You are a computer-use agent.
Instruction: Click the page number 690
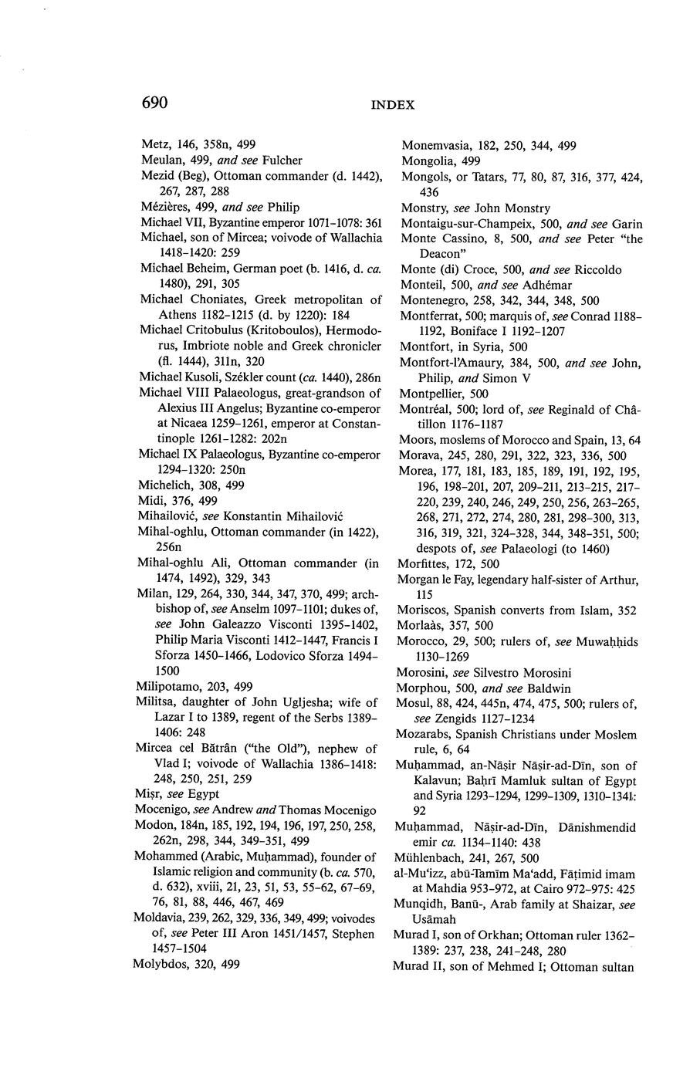click(x=154, y=103)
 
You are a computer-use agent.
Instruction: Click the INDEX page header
click(x=392, y=105)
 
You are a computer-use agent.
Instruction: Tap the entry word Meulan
click(x=159, y=160)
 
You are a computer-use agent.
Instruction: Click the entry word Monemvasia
click(x=435, y=145)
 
